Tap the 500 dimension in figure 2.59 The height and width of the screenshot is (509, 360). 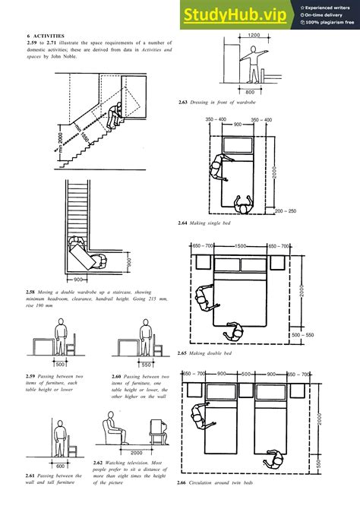59,364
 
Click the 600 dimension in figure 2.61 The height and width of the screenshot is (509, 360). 60,466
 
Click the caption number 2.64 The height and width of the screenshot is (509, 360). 182,223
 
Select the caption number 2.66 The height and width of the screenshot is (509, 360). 182,484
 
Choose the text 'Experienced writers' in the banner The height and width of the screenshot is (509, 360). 329,7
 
